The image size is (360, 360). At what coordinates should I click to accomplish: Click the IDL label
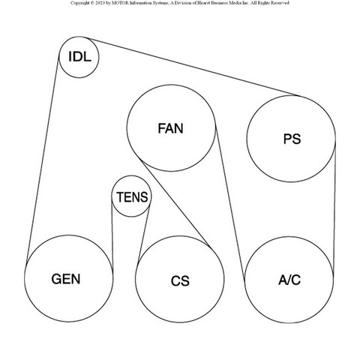click(79, 57)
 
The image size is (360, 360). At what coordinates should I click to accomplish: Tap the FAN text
click(171, 128)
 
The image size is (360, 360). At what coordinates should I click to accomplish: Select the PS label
click(292, 139)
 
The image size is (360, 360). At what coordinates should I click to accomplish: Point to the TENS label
click(132, 197)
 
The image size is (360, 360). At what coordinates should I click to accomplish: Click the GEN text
click(66, 279)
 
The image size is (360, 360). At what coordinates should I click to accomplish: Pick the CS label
click(180, 280)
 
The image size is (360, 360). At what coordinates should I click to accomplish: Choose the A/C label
click(289, 280)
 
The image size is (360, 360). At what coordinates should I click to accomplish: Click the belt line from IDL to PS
click(192, 67)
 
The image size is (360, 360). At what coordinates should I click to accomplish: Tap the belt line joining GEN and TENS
click(112, 233)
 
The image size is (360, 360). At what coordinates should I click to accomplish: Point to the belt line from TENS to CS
click(144, 235)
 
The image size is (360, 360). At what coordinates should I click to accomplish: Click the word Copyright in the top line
click(79, 3)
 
